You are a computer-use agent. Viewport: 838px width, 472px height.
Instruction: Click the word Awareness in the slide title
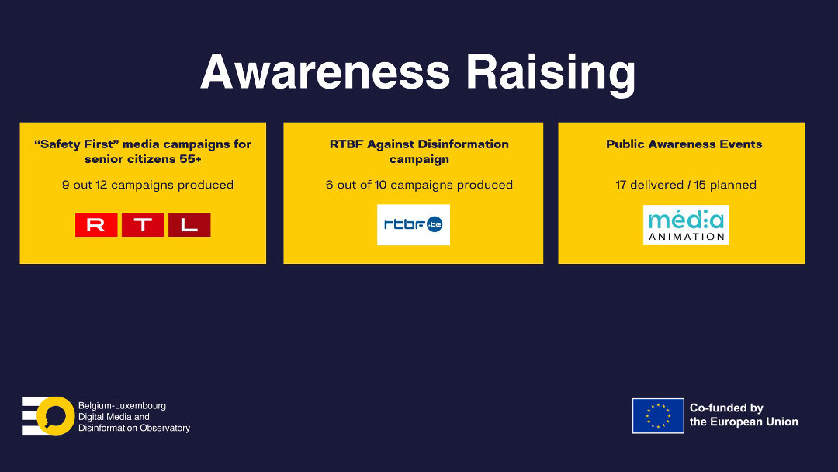[x=325, y=71]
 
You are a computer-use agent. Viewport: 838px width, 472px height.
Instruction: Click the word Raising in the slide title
[x=551, y=75]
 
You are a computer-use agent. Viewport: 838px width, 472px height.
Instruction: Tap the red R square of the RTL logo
[x=96, y=224]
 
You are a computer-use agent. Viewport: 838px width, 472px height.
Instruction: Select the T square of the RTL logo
[x=143, y=224]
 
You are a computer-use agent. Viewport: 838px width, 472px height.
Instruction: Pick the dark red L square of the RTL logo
[x=189, y=224]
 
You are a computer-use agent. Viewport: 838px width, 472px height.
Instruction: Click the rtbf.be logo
[x=413, y=224]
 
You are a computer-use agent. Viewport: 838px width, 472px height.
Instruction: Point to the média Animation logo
[x=686, y=224]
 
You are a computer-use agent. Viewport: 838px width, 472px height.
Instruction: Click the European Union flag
[x=658, y=416]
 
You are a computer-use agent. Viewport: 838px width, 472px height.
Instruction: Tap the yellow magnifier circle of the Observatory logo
[x=56, y=416]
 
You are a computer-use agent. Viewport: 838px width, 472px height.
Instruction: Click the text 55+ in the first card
[x=190, y=159]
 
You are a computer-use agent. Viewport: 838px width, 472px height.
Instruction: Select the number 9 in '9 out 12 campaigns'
[x=66, y=185]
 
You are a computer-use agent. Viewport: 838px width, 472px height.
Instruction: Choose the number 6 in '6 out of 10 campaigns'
[x=329, y=185]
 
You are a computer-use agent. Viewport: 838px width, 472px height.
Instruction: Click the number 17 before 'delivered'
[x=621, y=185]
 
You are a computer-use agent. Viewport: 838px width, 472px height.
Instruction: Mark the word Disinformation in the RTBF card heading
[x=463, y=144]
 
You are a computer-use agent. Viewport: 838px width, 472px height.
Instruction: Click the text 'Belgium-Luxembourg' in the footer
[x=123, y=406]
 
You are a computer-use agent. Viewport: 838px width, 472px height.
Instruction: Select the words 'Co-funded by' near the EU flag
[x=726, y=408]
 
